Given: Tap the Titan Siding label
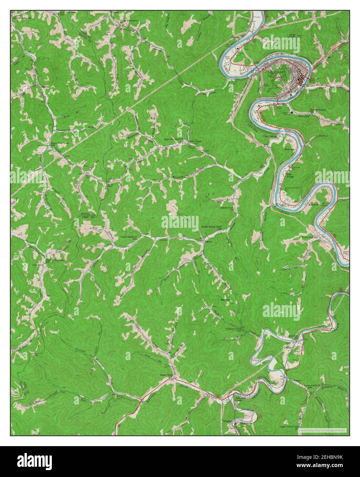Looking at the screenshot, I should click(270, 136).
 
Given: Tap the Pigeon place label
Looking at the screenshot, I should click(209, 242).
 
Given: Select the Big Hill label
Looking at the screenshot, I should click(225, 300).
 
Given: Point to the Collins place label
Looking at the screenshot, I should click(288, 347).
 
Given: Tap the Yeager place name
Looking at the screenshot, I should click(297, 380).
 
